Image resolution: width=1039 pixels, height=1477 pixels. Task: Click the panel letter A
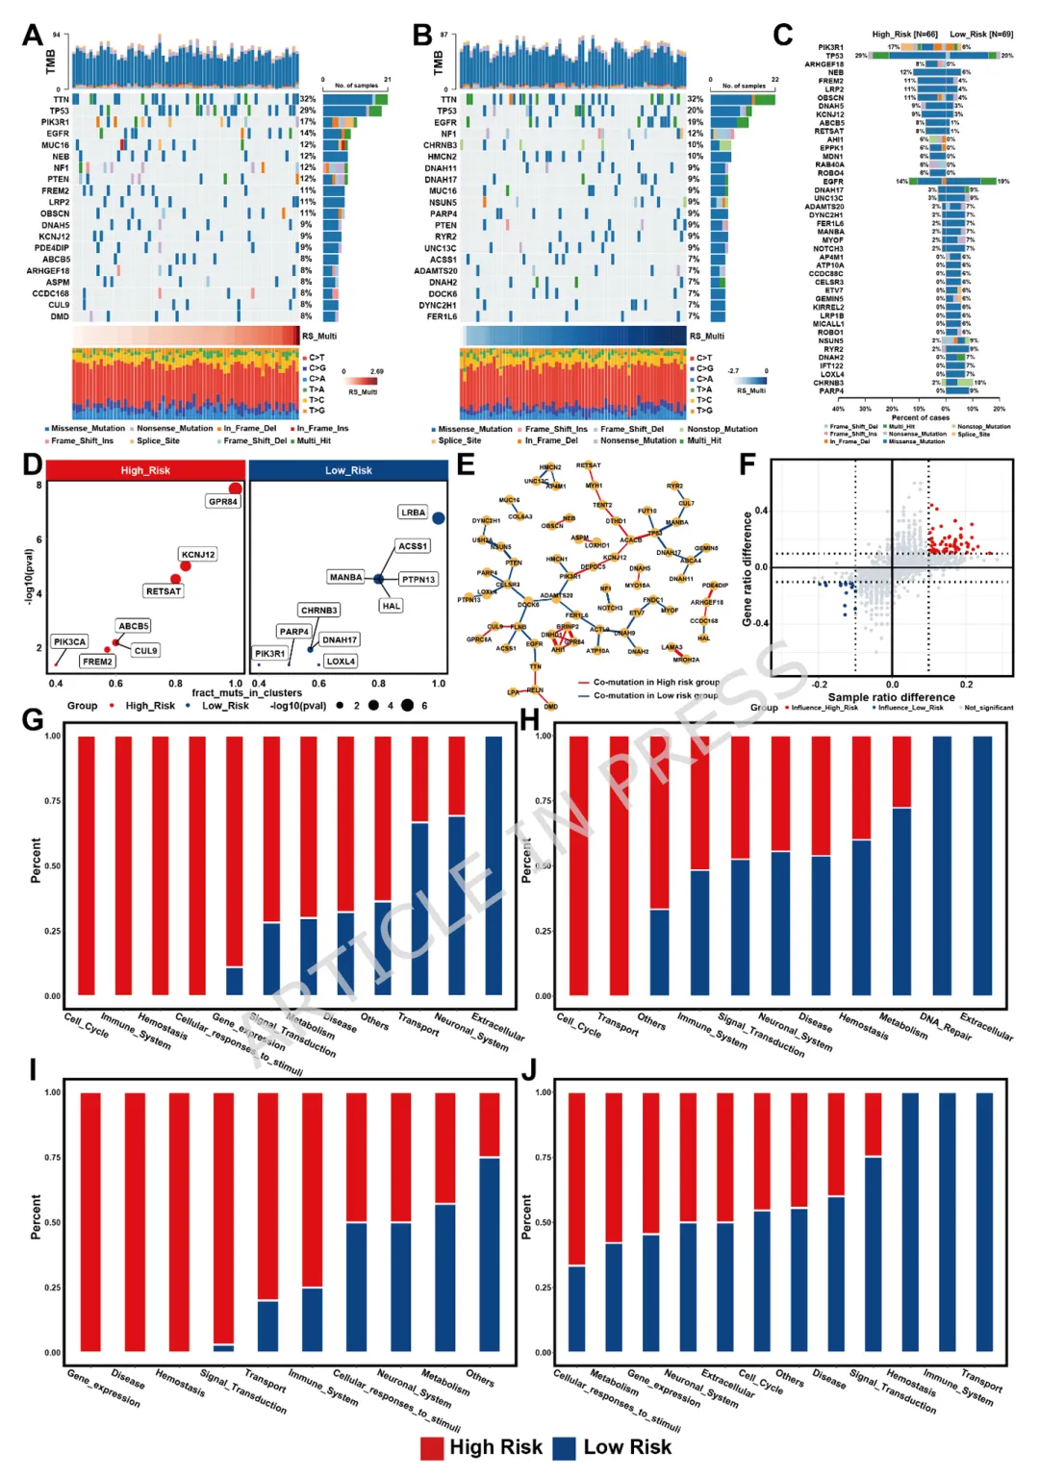coord(33,37)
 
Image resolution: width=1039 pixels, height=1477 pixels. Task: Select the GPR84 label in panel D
coord(222,502)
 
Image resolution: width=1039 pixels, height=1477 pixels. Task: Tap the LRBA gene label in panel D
coord(413,513)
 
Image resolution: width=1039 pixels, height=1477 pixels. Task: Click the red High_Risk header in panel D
coord(146,470)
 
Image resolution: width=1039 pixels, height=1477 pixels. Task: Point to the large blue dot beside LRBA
coord(439,518)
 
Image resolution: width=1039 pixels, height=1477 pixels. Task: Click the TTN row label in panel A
coord(61,99)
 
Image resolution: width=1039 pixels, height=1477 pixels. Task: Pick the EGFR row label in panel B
coord(444,122)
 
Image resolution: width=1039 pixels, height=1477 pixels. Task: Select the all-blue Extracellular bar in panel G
coord(494,865)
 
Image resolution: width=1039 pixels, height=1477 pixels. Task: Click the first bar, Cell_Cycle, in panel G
coord(86,865)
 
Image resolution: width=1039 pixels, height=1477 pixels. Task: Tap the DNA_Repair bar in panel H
coord(942,865)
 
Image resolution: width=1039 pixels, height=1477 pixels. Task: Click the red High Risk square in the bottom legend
coord(432,1448)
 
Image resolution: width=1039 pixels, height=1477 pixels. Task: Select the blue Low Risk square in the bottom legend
coord(565,1448)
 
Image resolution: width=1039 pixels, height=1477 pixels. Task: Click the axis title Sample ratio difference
coord(891,697)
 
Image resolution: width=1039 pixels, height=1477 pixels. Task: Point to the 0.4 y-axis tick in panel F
coord(761,511)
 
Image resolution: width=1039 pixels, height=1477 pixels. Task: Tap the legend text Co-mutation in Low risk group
coord(655,695)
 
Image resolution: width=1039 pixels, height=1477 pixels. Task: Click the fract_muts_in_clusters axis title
coord(246,692)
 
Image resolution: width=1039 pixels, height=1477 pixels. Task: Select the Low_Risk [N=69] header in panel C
coord(980,35)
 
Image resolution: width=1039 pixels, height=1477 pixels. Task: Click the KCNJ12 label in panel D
coord(198,555)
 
